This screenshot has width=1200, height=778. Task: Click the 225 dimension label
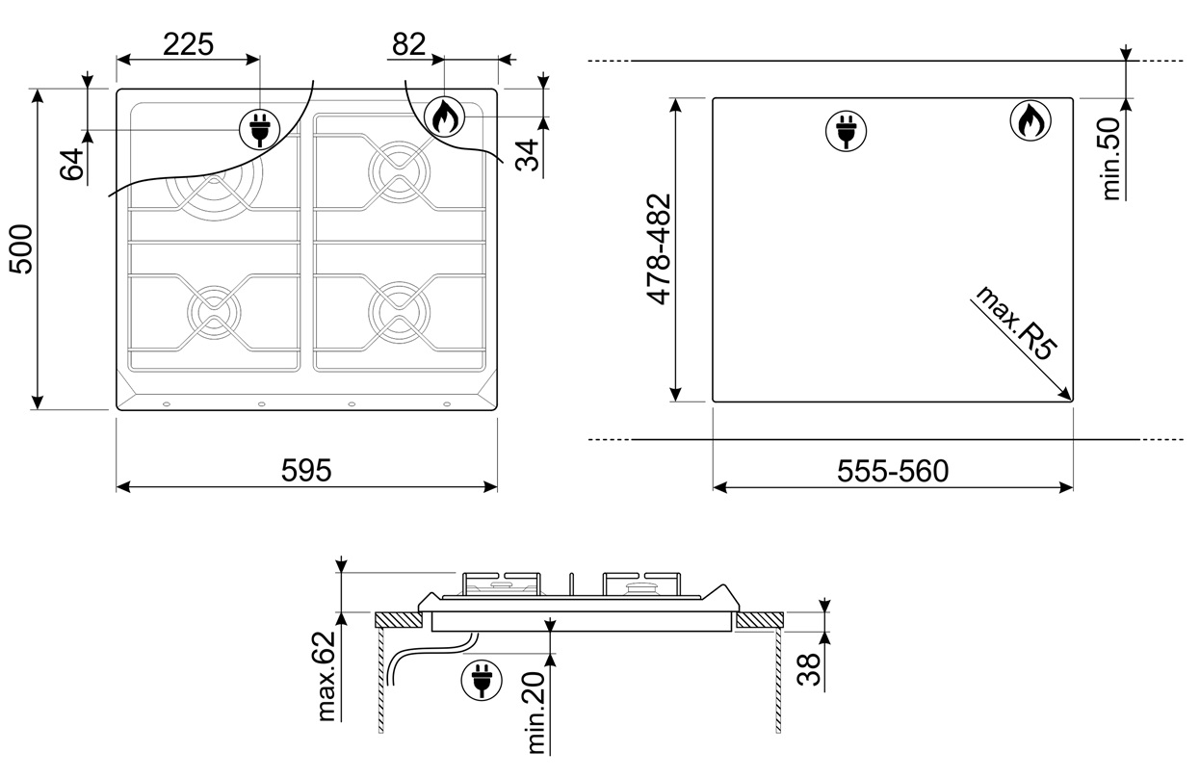(x=188, y=44)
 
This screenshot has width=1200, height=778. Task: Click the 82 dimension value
(x=408, y=44)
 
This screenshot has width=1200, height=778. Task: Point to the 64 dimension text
(x=72, y=165)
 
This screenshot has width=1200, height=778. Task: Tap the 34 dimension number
(x=527, y=155)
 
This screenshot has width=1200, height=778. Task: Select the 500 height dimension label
(x=21, y=249)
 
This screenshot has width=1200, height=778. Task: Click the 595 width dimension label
(x=306, y=470)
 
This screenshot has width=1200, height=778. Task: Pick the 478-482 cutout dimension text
(x=659, y=249)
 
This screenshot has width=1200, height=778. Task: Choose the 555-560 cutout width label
(x=893, y=471)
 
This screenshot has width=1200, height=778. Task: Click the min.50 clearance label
(x=1111, y=159)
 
